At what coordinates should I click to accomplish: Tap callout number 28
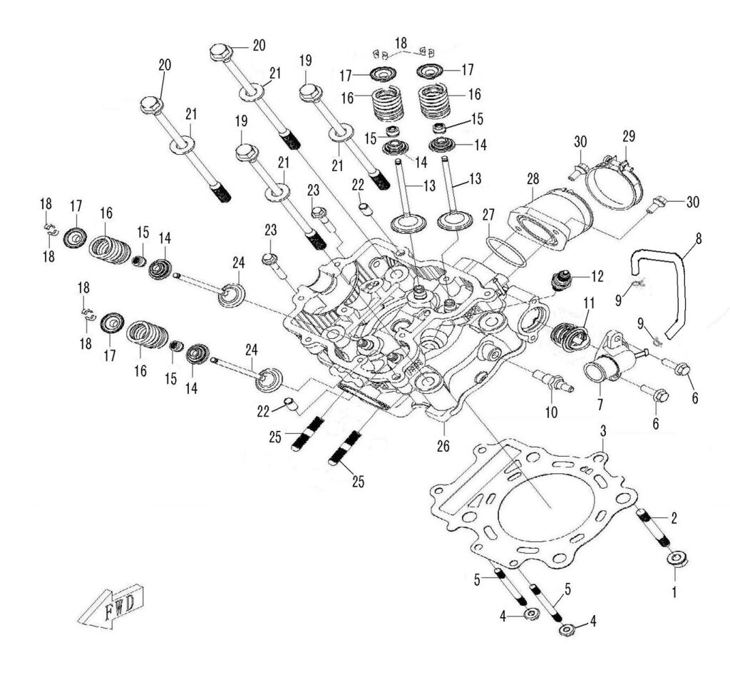pyautogui.click(x=533, y=182)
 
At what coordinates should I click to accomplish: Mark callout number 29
pyautogui.click(x=628, y=135)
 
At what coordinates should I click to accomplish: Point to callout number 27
pyautogui.click(x=488, y=213)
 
